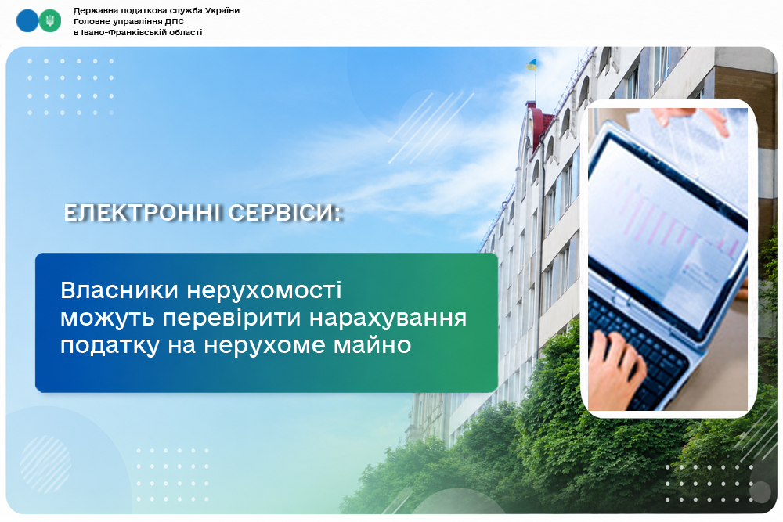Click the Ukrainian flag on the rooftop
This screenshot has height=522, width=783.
(x=531, y=64)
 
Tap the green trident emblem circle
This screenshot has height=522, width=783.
(x=50, y=21)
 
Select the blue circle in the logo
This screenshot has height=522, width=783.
(x=27, y=21)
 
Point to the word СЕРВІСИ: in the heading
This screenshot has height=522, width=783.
(x=285, y=213)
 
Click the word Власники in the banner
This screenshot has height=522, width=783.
(x=119, y=290)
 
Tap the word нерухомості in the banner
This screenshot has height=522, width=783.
(x=264, y=291)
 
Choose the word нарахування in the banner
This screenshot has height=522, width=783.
(x=388, y=319)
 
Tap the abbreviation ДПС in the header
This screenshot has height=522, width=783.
(x=175, y=21)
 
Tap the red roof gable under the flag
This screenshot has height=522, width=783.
(x=539, y=124)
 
